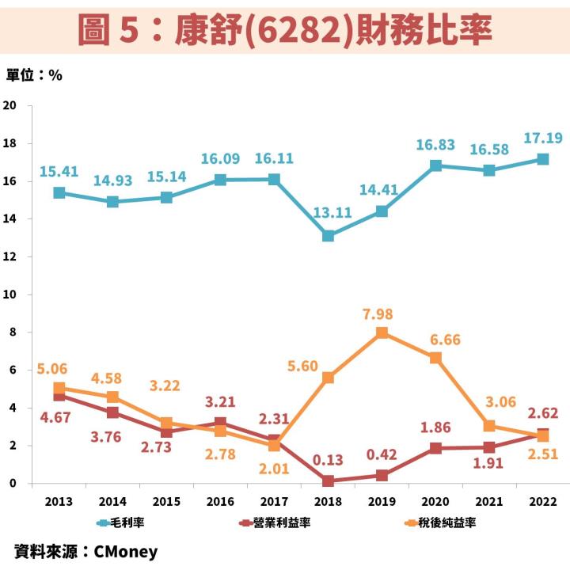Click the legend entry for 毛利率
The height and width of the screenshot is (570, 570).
tap(127, 522)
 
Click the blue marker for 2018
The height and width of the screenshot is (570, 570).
tap(328, 236)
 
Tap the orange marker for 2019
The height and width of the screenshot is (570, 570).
tap(382, 332)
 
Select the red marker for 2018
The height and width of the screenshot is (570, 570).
tap(328, 481)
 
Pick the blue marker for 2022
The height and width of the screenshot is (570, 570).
tap(543, 159)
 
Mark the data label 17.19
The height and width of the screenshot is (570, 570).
tap(543, 139)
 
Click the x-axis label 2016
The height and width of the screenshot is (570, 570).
tap(220, 502)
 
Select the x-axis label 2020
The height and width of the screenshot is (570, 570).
tap(435, 502)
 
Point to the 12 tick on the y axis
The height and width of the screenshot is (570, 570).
tap(10, 256)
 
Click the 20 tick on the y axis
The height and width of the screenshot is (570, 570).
tap(10, 105)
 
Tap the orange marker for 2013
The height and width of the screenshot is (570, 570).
tap(59, 388)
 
